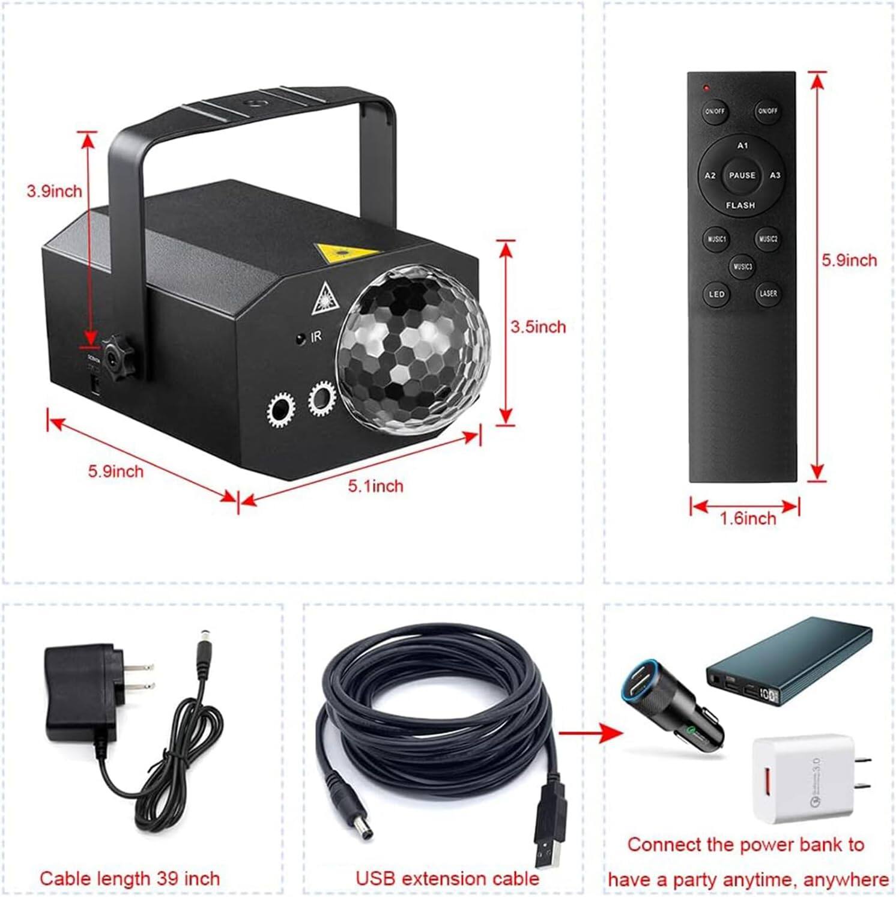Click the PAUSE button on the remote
point(742,175)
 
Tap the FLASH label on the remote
point(740,205)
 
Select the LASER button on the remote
point(768,294)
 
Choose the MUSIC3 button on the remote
point(742,266)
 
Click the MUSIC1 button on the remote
point(716,239)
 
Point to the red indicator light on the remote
point(707,88)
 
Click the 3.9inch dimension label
point(54,192)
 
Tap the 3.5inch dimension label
point(538,327)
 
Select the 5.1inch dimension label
point(376,485)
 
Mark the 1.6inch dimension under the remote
point(748,518)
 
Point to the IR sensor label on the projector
point(316,337)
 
